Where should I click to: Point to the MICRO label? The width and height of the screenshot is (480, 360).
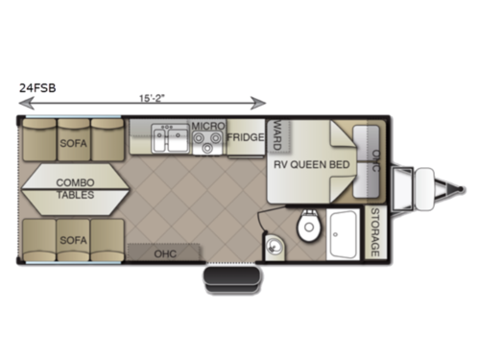click(x=207, y=126)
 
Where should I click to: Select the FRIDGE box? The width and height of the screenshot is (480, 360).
click(x=246, y=137)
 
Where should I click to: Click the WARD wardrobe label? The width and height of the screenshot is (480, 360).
click(x=275, y=133)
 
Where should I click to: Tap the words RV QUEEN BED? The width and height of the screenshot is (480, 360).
click(x=310, y=163)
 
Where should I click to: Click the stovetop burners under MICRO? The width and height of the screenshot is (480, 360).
click(x=206, y=144)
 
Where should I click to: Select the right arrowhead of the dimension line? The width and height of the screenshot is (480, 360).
click(x=259, y=100)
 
